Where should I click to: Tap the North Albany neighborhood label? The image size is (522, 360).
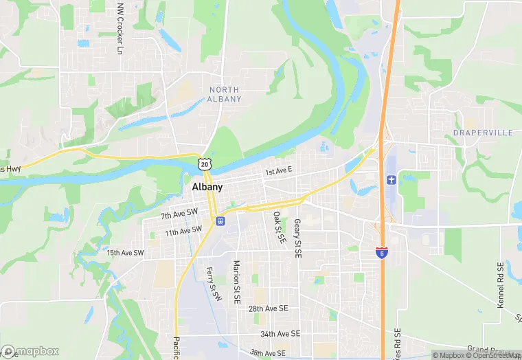[225, 94]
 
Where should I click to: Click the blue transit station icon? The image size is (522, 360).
[220, 221]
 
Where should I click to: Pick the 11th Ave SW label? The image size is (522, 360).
[183, 231]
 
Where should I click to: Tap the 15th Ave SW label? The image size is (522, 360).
[126, 253]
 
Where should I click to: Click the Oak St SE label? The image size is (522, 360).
[280, 227]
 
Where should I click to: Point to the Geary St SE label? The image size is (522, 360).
[298, 238]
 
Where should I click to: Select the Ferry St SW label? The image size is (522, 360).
[214, 283]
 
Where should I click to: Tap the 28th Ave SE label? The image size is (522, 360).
[269, 309]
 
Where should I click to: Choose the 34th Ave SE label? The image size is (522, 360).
[280, 333]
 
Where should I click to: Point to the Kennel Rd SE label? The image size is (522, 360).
[500, 284]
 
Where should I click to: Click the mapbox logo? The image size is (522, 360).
[30, 351]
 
